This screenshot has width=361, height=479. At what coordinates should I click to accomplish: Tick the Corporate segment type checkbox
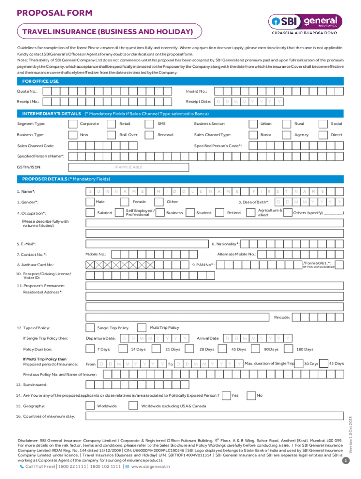(x=73, y=124)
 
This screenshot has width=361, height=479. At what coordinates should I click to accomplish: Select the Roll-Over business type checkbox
(x=112, y=135)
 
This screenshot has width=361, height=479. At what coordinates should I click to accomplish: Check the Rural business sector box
(x=286, y=124)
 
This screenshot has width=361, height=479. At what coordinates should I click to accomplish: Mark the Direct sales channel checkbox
(x=323, y=135)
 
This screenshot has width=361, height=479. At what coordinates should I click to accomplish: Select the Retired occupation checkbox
(x=220, y=213)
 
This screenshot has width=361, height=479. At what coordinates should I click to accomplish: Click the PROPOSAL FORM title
(x=54, y=14)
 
